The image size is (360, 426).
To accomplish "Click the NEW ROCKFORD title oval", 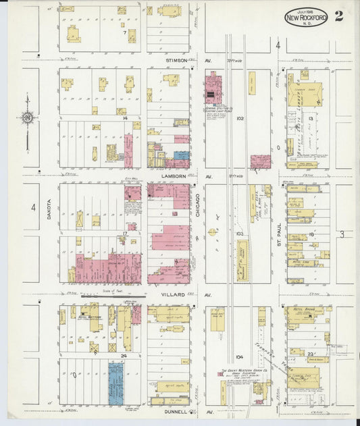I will click(x=306, y=18).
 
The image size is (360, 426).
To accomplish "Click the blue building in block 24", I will click(x=116, y=383).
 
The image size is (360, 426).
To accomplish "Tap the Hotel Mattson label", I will click(x=89, y=316).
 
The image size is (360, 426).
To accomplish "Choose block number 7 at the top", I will click(x=124, y=32).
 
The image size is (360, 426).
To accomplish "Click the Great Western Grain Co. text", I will click(x=243, y=371).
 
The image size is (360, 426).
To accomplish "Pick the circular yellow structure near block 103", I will click(x=213, y=232).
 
